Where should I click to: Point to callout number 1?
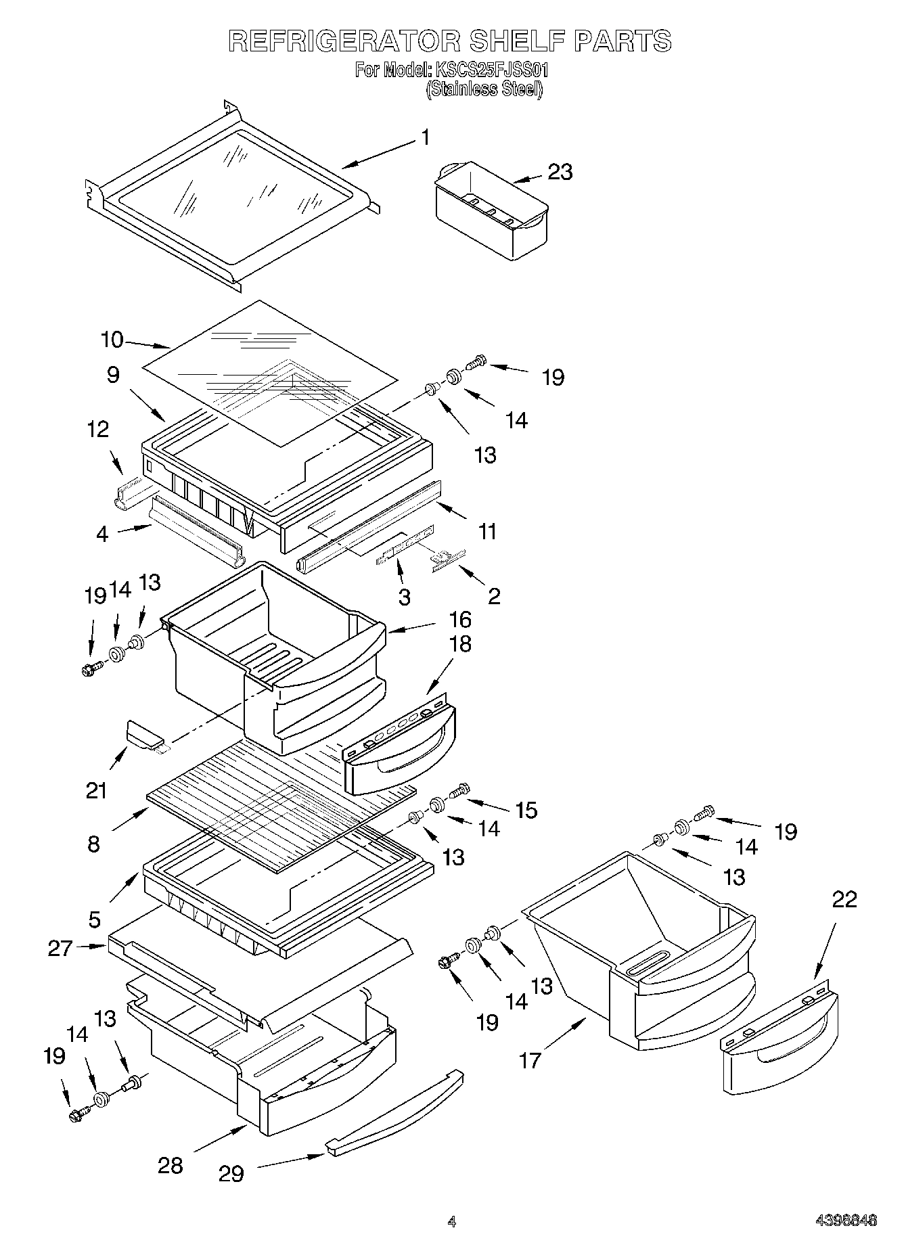(425, 138)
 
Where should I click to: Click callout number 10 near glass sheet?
(112, 339)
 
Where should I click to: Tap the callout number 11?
(486, 531)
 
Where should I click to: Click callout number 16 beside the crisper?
(460, 620)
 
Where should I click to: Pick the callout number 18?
(460, 643)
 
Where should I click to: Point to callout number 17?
(530, 1060)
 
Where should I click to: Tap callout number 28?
(171, 1165)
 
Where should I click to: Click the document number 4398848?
(845, 1221)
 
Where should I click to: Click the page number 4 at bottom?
(451, 1221)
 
